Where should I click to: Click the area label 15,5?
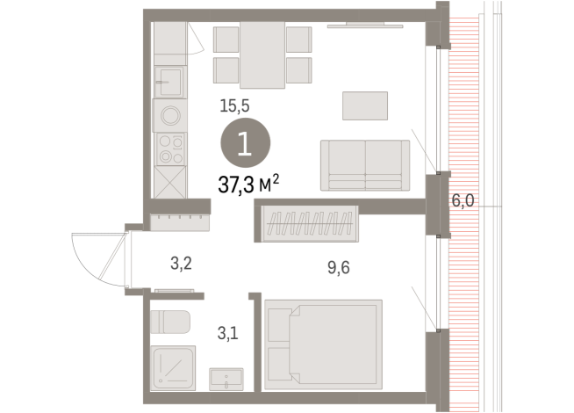click(234, 105)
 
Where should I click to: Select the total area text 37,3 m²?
click(248, 183)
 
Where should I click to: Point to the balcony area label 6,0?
click(463, 200)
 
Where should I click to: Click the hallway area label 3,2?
click(182, 261)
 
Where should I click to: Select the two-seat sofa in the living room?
click(365, 164)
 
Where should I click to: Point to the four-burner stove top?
click(169, 149)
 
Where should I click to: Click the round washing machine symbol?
click(169, 115)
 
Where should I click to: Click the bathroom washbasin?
click(230, 378)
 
